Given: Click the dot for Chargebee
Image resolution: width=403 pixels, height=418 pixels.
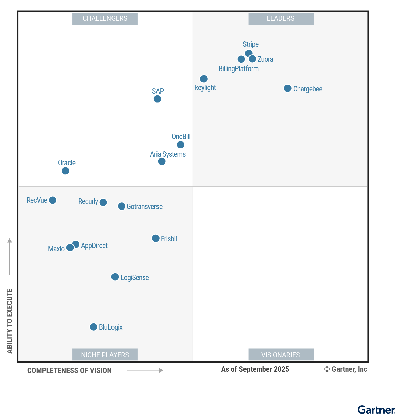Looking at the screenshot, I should pos(287,88).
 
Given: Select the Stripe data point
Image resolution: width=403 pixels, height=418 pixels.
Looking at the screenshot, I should pos(249,53).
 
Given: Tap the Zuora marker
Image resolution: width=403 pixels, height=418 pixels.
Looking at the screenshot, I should pos(252,59).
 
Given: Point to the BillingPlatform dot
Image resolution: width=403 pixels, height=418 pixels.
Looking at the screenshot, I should pos(241,59).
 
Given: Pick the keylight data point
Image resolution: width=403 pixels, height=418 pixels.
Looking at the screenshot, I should pos(204,79).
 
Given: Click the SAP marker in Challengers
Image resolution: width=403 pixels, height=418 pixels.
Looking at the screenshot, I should pos(158,99).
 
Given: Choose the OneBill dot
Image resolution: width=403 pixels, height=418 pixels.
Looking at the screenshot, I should pos(181,145).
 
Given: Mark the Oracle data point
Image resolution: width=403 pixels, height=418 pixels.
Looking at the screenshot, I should pos(65,171).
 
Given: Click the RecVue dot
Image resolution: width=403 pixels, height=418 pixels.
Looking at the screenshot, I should pos(53,200).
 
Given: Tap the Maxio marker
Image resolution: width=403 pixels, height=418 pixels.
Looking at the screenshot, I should pos(70,248).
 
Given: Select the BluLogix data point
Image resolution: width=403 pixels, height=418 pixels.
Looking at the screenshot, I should pos(94,327).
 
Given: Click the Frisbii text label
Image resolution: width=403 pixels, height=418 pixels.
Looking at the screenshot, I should pos(169,239).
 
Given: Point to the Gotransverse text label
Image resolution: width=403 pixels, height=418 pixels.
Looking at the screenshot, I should pos(144,207).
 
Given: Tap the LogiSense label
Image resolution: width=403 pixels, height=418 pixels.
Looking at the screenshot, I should pos(135,278).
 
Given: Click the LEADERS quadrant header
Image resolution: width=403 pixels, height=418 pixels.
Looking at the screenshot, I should pos(281,19).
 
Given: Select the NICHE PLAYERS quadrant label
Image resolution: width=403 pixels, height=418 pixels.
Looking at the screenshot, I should pos(105,355).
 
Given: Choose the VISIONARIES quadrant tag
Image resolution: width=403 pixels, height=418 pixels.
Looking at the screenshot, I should pos(281,355).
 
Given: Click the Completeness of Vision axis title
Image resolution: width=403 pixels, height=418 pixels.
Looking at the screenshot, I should pos(70,371).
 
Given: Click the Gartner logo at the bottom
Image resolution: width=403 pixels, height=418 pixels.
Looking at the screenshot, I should pos(376,410).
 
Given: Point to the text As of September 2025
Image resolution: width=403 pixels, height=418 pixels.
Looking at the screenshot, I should pos(255,369).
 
